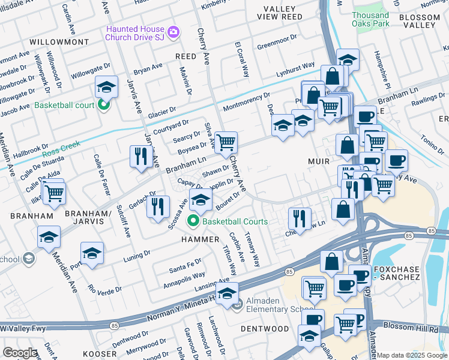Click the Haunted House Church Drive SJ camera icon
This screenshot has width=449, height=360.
click(173, 32)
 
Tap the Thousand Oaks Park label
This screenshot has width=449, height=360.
click(370, 20)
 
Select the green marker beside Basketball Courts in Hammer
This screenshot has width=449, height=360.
click(193, 221)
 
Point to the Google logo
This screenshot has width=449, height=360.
click(20, 353)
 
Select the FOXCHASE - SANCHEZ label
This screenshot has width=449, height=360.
click(404, 272)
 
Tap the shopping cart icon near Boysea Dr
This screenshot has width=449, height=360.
click(226, 142)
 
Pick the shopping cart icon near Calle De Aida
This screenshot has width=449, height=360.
click(53, 193)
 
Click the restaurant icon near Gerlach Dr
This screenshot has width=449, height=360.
click(157, 206)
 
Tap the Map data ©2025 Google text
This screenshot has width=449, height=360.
click(412, 355)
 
